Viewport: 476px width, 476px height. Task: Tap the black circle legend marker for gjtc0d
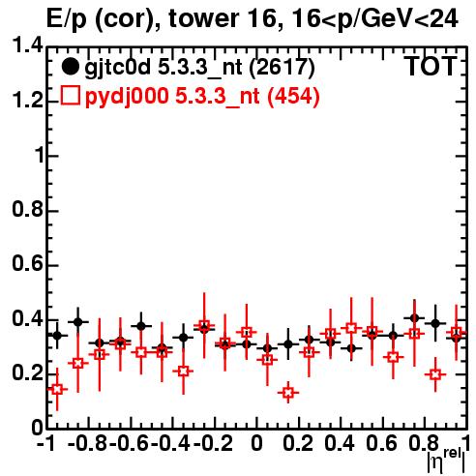click(70, 67)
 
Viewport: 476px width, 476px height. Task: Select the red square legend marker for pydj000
click(70, 96)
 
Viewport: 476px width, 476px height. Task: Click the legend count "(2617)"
click(282, 68)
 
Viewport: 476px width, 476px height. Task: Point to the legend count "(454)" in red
click(293, 96)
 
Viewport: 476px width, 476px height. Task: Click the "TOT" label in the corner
click(431, 67)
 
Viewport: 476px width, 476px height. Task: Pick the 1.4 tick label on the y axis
click(27, 45)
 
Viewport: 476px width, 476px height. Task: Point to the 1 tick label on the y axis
click(39, 156)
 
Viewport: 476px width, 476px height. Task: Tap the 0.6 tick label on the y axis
click(27, 264)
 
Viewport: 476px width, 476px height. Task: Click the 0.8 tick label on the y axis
click(27, 210)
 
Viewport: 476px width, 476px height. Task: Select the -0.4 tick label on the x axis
click(170, 443)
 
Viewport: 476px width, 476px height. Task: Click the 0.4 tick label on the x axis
click(340, 443)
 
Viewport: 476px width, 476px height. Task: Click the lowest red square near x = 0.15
click(288, 393)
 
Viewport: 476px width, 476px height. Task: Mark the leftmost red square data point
click(57, 389)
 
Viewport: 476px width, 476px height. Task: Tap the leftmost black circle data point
click(57, 336)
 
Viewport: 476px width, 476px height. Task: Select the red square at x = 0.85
click(435, 374)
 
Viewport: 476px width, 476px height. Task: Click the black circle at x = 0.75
click(414, 318)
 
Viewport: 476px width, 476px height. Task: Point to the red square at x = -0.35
click(183, 371)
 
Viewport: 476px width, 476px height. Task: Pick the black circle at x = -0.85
click(78, 322)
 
